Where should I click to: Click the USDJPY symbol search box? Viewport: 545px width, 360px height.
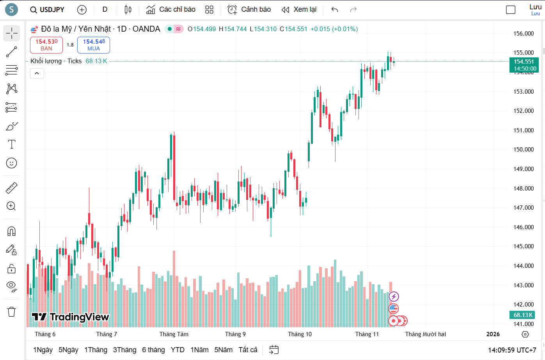(x=47, y=10)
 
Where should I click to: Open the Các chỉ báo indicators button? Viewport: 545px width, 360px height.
(x=171, y=10)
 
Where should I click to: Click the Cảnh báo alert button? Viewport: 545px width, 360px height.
(x=249, y=10)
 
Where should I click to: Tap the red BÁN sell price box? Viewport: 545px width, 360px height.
(x=46, y=45)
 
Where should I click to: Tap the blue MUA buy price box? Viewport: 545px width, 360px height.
(x=94, y=45)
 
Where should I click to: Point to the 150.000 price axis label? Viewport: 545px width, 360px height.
(x=523, y=150)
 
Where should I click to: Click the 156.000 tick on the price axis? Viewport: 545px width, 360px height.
(x=523, y=34)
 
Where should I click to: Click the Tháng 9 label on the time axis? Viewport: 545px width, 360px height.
(x=235, y=334)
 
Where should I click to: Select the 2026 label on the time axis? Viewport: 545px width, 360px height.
(x=493, y=334)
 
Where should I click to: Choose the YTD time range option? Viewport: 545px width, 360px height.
(x=178, y=350)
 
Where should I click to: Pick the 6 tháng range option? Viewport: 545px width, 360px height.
(x=153, y=350)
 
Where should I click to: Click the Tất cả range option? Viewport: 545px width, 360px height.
(x=248, y=350)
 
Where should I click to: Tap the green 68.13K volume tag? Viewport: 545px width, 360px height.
(x=523, y=315)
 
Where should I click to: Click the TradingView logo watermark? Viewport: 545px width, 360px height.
(x=71, y=317)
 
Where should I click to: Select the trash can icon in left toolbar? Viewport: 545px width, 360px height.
(x=12, y=312)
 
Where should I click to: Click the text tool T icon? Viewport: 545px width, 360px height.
(x=12, y=144)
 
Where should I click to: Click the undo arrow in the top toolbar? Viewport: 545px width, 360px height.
(x=334, y=10)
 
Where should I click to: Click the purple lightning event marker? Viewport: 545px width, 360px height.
(x=394, y=297)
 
